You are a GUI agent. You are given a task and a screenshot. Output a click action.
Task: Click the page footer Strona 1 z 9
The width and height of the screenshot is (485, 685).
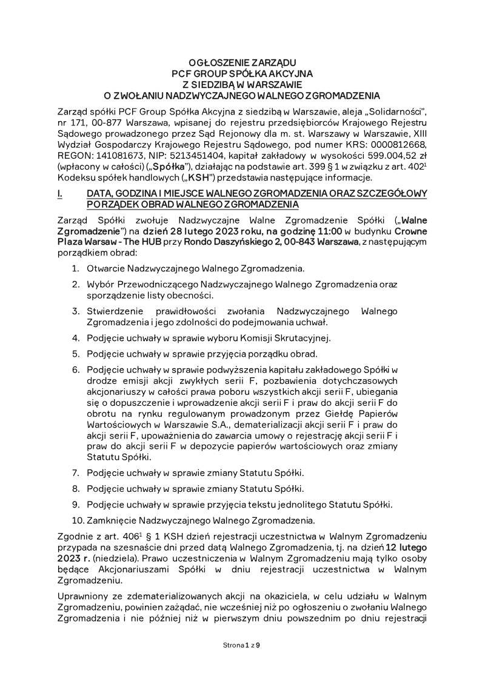pos(242,645)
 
